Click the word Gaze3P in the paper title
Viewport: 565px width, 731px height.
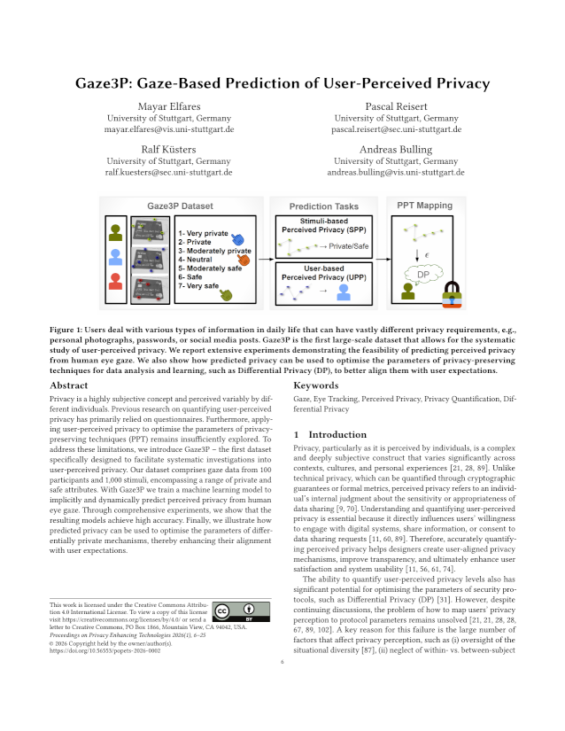tap(107, 84)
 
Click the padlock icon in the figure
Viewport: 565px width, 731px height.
tap(453, 293)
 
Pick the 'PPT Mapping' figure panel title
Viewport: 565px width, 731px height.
tap(424, 205)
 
